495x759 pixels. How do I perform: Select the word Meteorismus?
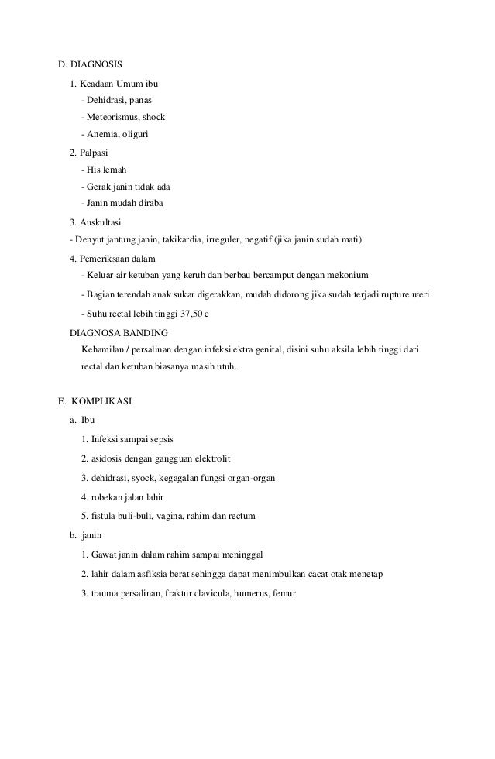click(110, 117)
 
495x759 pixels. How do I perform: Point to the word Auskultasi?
click(103, 222)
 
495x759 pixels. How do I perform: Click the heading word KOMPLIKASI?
click(102, 401)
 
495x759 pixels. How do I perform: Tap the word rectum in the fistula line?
click(242, 516)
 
